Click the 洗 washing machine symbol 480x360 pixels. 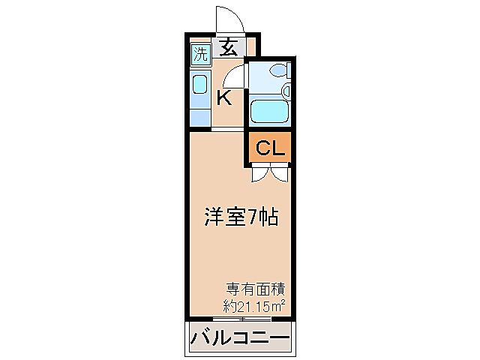click(199, 53)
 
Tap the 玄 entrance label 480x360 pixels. click(229, 49)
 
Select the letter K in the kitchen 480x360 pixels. click(223, 97)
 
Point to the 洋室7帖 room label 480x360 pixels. click(241, 217)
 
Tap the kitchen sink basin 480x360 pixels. click(200, 85)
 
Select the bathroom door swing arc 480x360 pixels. click(234, 77)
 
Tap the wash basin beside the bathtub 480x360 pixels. click(286, 91)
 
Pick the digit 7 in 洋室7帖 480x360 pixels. click(253, 218)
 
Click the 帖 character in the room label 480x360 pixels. click(270, 217)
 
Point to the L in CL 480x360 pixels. click(277, 148)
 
